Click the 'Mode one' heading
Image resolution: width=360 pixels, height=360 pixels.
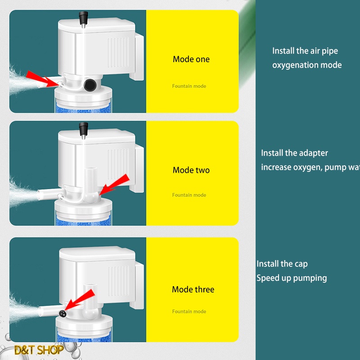click(191, 59)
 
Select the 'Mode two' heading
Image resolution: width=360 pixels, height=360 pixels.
click(191, 171)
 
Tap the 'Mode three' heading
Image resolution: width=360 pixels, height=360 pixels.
click(193, 289)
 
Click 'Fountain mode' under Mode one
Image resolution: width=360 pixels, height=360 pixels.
click(189, 86)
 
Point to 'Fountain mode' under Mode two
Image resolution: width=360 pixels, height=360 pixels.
click(189, 195)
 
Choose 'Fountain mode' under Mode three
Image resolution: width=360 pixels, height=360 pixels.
click(189, 311)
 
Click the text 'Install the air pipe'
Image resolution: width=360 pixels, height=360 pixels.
click(305, 51)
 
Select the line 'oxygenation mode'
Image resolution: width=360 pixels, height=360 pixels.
click(307, 65)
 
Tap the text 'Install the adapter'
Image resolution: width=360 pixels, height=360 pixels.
click(295, 153)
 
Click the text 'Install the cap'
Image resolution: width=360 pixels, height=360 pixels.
click(282, 264)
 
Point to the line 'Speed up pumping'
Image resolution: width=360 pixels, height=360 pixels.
click(292, 278)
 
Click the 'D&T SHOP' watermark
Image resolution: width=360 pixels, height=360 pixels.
click(39, 350)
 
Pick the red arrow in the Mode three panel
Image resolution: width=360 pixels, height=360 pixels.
click(80, 301)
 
